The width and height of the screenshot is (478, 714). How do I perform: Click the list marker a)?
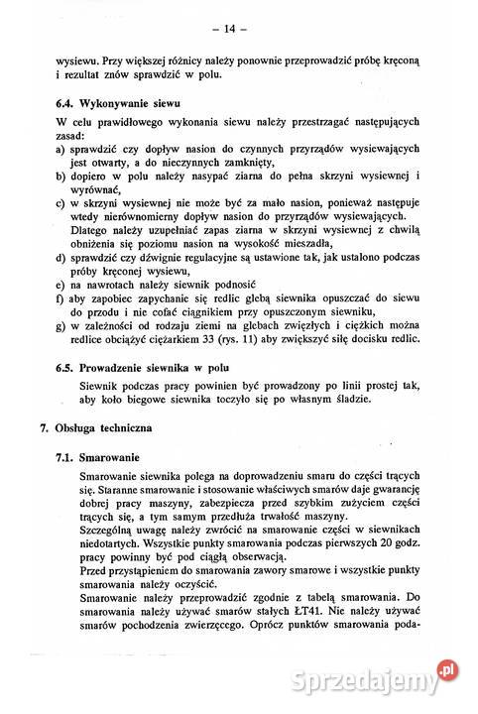61,148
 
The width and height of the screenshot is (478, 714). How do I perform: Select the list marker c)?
61,201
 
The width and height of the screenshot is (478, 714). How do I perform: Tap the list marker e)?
61,283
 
